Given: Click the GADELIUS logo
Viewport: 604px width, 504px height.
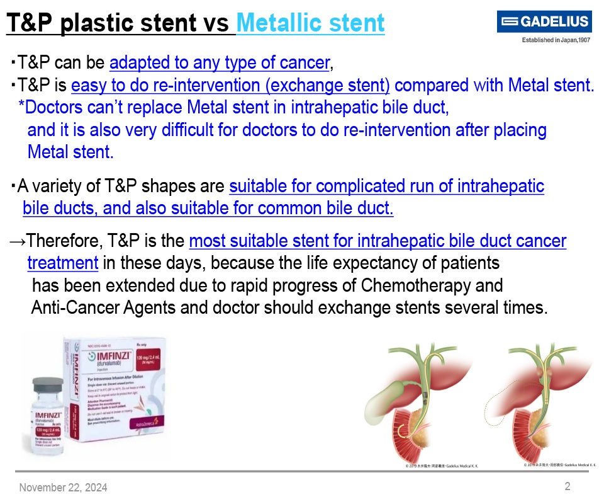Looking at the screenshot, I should pyautogui.click(x=544, y=22).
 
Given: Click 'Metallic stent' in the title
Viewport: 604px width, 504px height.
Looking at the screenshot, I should pyautogui.click(x=310, y=23).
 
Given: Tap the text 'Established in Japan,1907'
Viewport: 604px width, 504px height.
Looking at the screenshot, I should pyautogui.click(x=555, y=40).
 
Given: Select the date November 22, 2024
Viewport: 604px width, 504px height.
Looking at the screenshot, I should pyautogui.click(x=63, y=487).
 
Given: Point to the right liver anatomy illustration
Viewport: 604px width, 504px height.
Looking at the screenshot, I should pyautogui.click(x=547, y=403).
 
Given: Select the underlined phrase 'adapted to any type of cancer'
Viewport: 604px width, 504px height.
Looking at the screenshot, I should pyautogui.click(x=220, y=62).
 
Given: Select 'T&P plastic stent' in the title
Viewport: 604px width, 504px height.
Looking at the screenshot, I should pyautogui.click(x=108, y=23).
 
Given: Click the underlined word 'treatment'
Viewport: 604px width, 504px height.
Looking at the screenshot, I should pyautogui.click(x=62, y=263).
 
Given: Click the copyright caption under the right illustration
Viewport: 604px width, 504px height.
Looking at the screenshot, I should pyautogui.click(x=559, y=464).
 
